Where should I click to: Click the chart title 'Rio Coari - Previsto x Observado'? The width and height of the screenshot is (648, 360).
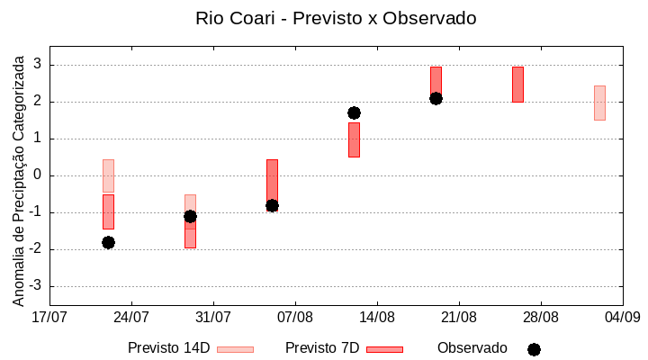(336, 18)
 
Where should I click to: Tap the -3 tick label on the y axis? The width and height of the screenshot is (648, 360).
(37, 286)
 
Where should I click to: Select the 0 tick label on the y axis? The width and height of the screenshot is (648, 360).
(39, 175)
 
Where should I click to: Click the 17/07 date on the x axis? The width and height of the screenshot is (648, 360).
(49, 317)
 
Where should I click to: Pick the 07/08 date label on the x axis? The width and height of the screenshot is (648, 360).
(295, 317)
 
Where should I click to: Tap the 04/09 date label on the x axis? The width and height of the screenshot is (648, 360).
(622, 317)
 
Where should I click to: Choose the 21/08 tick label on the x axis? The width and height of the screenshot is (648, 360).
(459, 317)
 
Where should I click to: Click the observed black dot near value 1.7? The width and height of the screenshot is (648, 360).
(354, 112)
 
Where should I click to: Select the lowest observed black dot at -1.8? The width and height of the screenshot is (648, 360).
(108, 242)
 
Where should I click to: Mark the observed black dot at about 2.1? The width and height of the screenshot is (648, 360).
(436, 98)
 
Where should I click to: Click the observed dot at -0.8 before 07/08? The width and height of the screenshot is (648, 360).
(272, 205)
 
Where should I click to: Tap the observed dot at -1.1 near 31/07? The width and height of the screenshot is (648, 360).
(190, 216)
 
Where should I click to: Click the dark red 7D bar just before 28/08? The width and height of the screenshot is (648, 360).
(517, 84)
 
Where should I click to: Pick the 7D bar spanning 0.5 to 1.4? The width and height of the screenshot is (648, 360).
(354, 140)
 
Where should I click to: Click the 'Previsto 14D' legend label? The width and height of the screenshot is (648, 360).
(168, 348)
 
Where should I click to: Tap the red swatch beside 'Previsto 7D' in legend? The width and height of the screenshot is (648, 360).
(384, 349)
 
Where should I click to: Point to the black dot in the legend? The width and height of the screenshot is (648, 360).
(534, 349)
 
